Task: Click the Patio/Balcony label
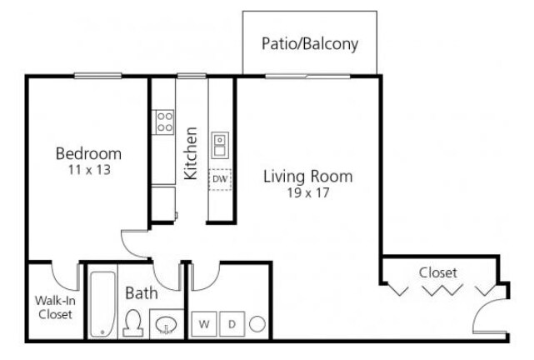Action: click(309, 43)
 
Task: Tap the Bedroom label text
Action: click(88, 153)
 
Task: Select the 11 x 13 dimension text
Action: click(89, 169)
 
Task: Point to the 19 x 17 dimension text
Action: click(307, 192)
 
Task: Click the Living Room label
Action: click(307, 176)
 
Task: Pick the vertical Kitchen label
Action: click(191, 153)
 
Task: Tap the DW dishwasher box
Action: click(220, 178)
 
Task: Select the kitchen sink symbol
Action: click(220, 145)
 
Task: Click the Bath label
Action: click(141, 292)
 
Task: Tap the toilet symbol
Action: click(132, 322)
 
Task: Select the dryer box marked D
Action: click(232, 323)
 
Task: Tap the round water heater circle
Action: click(258, 323)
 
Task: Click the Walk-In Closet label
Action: click(53, 307)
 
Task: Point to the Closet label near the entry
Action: click(437, 272)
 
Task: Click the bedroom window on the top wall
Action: click(99, 77)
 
